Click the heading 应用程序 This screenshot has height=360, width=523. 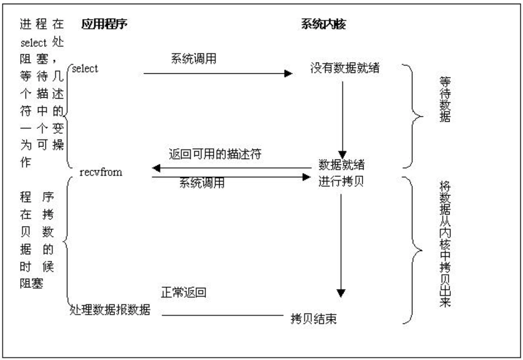click(104, 24)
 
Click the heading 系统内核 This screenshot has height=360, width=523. click(323, 24)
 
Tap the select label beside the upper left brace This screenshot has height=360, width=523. click(85, 69)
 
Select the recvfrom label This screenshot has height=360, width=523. click(100, 172)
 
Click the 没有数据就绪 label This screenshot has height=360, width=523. click(345, 68)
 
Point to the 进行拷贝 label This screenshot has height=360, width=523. click(341, 181)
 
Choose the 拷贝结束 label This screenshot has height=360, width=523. click(313, 319)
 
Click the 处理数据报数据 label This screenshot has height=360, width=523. click(110, 310)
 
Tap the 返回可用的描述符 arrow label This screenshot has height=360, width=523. click(215, 154)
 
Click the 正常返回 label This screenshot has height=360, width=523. click(184, 292)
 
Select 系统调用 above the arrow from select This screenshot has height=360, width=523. click(194, 59)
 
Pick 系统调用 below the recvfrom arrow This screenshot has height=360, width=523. click(202, 183)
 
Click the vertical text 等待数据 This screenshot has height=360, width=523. click(445, 99)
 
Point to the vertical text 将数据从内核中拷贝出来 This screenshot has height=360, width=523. click(445, 244)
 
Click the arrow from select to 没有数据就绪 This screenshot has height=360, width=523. click(217, 73)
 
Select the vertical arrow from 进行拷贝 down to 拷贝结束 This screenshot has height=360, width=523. click(341, 244)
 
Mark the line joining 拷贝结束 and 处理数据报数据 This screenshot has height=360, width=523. click(222, 315)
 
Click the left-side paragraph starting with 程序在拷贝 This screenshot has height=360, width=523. click(37, 240)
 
